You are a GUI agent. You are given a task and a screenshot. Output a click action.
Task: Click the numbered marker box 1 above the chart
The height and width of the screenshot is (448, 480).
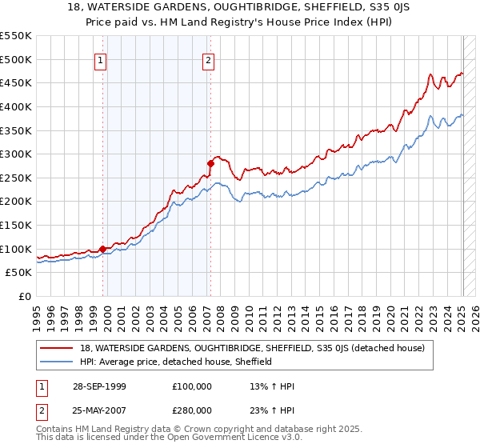(x=101, y=60)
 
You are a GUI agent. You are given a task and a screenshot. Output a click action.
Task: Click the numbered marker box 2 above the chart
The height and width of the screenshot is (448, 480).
(x=208, y=60)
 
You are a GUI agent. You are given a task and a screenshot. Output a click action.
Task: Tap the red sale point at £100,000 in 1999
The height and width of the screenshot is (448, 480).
(x=103, y=249)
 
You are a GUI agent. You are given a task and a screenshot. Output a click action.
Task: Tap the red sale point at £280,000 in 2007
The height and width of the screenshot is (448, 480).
(x=210, y=163)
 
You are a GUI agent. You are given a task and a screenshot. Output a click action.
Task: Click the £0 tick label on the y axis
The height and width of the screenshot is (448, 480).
(x=26, y=296)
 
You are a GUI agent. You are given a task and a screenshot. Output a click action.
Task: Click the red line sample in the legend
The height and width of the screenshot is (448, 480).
(x=58, y=348)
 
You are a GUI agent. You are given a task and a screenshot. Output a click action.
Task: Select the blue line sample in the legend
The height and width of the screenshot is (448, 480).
(x=58, y=362)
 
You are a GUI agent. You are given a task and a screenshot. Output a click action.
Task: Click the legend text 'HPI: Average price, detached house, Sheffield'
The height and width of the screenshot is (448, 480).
(x=177, y=362)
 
